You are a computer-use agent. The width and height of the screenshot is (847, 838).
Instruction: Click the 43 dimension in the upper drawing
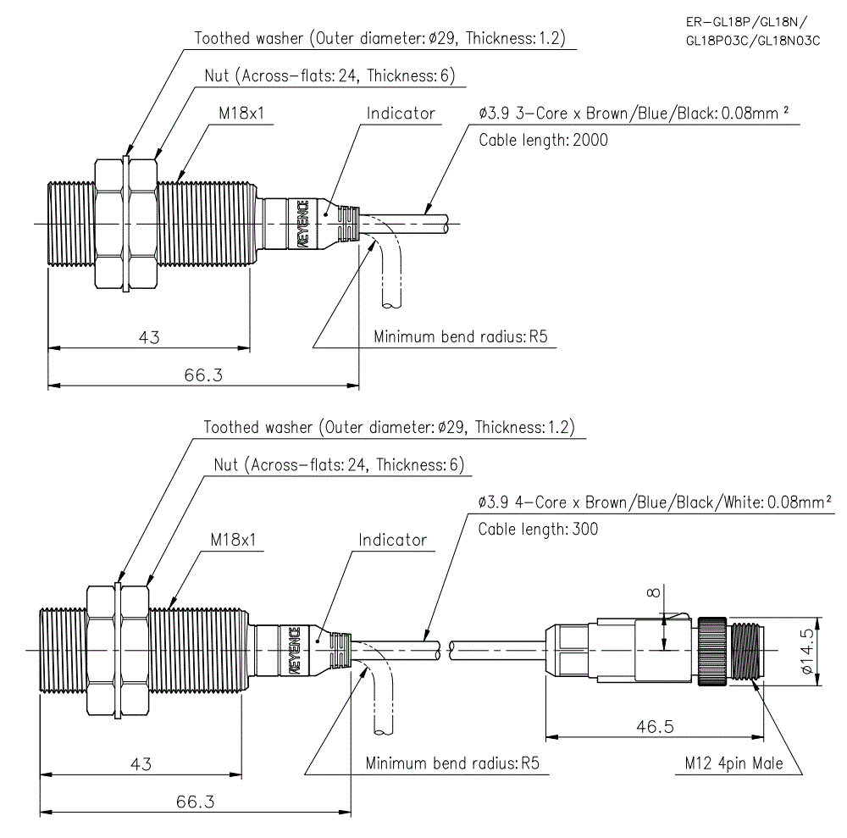point(149,337)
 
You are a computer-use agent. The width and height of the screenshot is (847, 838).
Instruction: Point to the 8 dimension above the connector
point(651,593)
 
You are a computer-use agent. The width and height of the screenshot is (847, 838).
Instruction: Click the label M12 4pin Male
point(734,763)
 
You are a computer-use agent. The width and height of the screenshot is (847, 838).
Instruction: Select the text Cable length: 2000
point(543,140)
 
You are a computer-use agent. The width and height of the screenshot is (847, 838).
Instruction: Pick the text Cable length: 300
point(538,529)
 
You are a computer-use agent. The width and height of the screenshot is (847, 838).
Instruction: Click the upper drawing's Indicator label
point(401,114)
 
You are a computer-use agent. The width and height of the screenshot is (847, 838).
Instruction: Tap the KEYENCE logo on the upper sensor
point(302,224)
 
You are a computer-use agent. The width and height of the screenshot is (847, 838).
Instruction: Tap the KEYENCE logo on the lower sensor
point(294,650)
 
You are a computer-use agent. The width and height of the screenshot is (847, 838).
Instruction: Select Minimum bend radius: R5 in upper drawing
point(461,337)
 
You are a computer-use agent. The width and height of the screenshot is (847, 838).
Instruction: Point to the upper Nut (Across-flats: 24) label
point(329,75)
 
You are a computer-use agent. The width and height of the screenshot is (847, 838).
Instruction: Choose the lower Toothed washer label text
point(389,427)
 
